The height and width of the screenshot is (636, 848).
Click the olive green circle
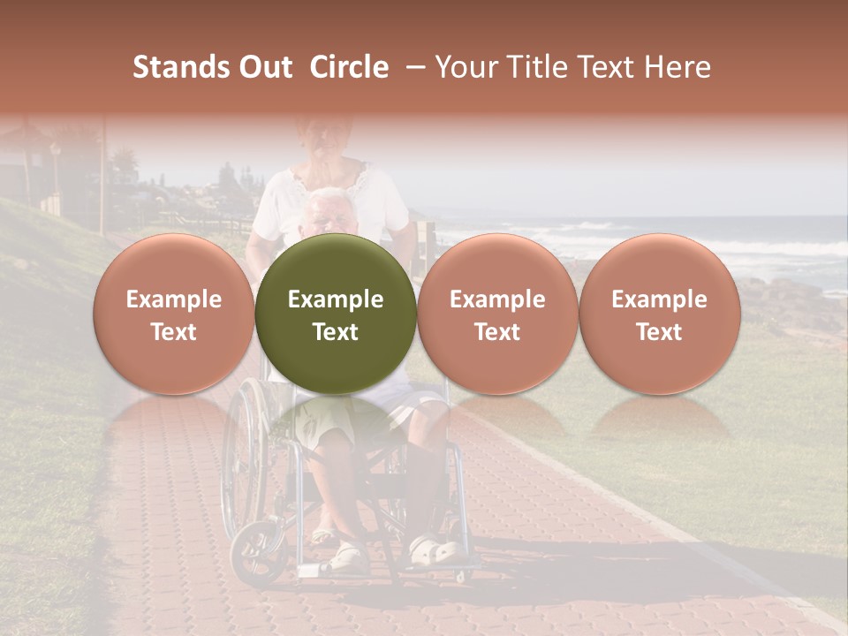click(336, 314)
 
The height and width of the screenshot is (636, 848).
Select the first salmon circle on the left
click(173, 314)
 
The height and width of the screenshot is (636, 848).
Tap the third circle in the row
click(497, 314)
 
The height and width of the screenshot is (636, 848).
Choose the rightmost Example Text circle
click(659, 314)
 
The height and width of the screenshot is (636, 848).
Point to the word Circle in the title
click(349, 67)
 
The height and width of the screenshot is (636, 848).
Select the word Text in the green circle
click(336, 332)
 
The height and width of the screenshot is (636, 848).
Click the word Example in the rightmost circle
click(659, 299)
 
